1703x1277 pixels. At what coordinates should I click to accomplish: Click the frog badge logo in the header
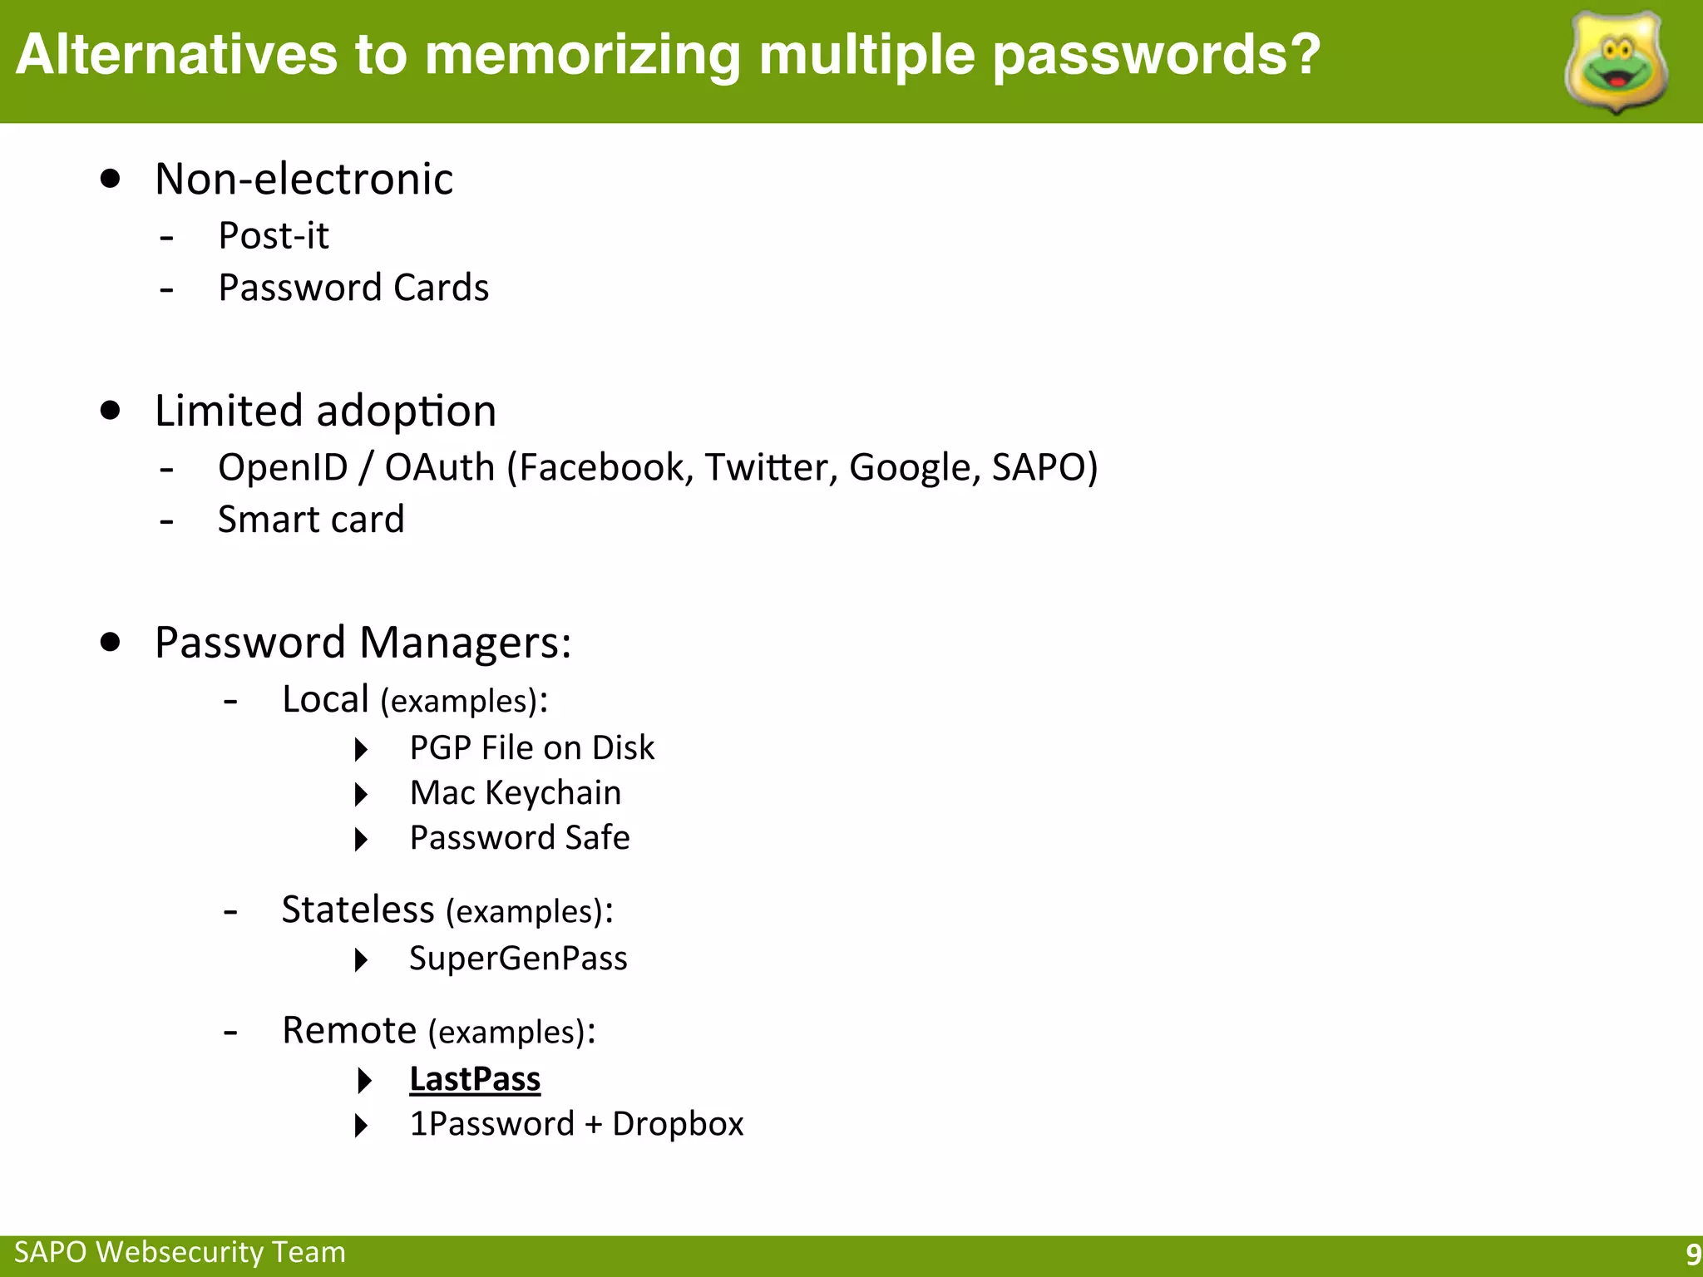pos(1617,62)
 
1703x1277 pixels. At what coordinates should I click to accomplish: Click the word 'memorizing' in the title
pos(582,55)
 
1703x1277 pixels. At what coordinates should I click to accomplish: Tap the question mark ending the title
pos(1303,55)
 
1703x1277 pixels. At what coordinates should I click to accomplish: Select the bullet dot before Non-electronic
pos(110,179)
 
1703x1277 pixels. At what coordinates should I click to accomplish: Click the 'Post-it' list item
pos(273,236)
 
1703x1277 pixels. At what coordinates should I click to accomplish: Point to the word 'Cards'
pos(441,288)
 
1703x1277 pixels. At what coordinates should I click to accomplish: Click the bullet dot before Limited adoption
pos(110,411)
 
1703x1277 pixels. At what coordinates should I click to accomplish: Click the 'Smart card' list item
pos(311,520)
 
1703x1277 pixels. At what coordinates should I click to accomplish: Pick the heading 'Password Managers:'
pos(363,643)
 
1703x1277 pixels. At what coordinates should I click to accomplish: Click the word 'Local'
pos(325,699)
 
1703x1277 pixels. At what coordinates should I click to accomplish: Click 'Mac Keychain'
pos(516,793)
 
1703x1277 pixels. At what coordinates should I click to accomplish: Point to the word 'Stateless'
pos(358,910)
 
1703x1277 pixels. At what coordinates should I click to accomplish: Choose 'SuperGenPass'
pos(518,959)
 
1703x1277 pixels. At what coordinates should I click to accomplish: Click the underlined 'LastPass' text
pos(475,1079)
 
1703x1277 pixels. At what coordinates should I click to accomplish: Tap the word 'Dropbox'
pos(678,1124)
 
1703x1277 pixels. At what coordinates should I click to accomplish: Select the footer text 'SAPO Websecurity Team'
pos(180,1252)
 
